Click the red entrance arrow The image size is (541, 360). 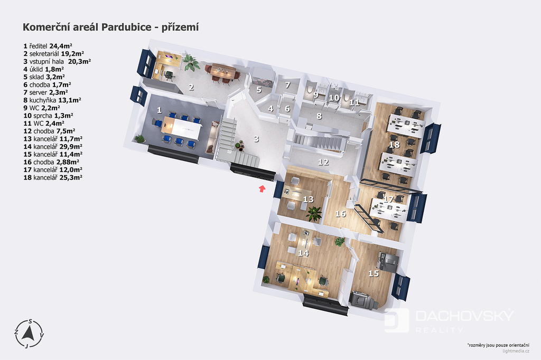262,188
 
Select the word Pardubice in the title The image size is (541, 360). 126,27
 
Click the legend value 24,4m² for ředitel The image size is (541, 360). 61,46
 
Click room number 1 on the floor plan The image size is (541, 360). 159,110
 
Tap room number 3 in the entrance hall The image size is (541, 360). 256,139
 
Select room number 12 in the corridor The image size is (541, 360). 323,162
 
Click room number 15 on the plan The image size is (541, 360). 374,273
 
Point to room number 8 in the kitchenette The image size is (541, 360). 319,116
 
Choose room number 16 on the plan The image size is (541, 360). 341,214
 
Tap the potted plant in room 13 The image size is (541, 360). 314,213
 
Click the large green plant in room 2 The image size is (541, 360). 191,62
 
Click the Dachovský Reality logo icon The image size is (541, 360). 396,320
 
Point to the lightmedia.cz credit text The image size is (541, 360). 516,351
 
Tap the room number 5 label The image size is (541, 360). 259,90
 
